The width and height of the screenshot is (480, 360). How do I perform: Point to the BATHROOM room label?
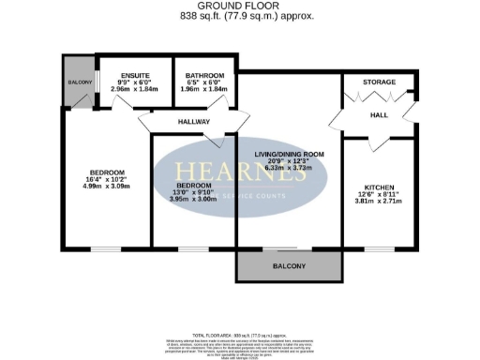(x=204, y=74)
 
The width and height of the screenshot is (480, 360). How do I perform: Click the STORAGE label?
(x=379, y=82)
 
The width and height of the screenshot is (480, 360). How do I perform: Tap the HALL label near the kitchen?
(x=379, y=114)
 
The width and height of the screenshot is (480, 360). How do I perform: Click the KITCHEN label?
(x=379, y=187)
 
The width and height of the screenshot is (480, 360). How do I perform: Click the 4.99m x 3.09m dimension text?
(x=108, y=188)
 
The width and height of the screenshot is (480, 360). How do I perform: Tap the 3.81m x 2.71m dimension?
(x=379, y=201)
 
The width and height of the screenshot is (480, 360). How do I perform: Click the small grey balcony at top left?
(x=79, y=82)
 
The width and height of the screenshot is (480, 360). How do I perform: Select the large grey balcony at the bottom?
(x=289, y=266)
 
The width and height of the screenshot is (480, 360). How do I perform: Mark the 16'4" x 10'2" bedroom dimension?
(x=108, y=181)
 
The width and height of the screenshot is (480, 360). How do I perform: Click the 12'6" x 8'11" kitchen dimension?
(x=379, y=194)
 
